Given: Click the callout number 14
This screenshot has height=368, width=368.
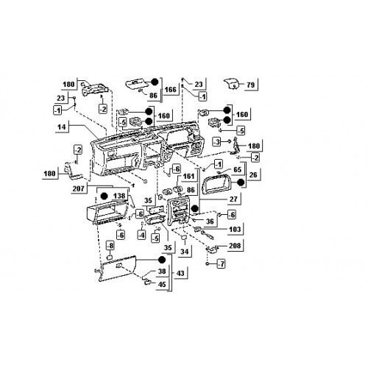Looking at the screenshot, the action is [x=62, y=127].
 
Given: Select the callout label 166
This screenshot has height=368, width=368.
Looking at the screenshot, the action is [x=171, y=90].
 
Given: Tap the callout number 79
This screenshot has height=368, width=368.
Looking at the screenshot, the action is [x=251, y=85].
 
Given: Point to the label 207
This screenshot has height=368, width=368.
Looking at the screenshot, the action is [x=79, y=188].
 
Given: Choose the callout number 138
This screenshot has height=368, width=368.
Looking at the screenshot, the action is [x=119, y=196].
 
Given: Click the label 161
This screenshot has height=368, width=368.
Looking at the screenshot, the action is [x=188, y=177].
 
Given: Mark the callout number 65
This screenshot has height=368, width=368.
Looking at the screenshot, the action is [x=238, y=169].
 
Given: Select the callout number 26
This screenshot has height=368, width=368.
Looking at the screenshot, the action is [x=253, y=175].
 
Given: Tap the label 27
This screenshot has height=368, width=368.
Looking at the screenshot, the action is [x=233, y=199].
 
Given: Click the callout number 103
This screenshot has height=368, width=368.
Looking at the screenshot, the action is [x=235, y=230].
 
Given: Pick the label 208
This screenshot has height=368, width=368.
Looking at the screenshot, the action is [x=235, y=246].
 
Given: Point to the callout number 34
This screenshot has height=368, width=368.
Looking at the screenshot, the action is [x=185, y=252].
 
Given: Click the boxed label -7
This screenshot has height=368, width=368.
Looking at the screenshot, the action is [x=221, y=264].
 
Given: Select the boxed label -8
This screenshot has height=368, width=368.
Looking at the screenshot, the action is [x=110, y=246].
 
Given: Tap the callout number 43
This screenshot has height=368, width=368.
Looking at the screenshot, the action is [x=180, y=273].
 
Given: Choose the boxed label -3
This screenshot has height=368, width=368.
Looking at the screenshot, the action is [x=216, y=142].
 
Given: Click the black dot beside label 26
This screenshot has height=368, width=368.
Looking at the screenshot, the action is [x=241, y=183].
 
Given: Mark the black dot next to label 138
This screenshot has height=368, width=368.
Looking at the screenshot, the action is [x=105, y=196].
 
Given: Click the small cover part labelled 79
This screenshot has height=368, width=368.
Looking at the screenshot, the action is [x=232, y=84].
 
